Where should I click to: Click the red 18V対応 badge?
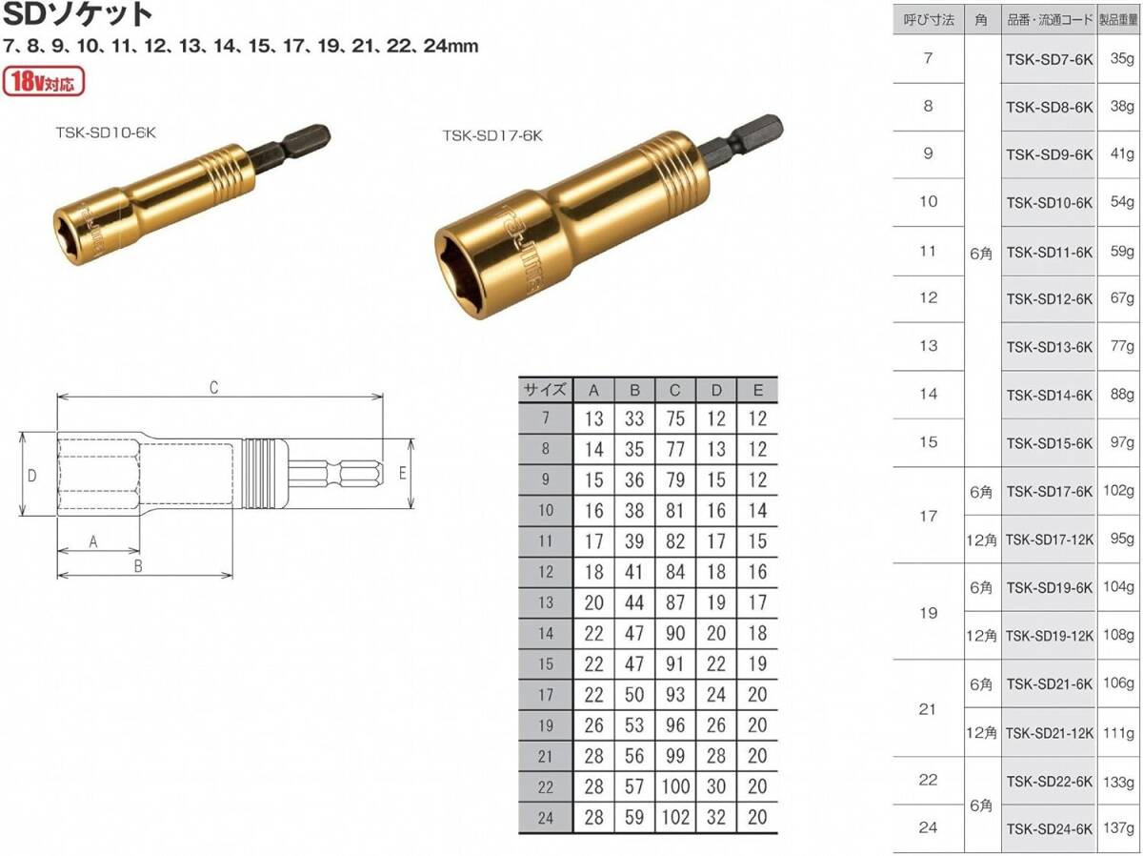click(x=44, y=81)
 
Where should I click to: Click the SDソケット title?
click(x=77, y=14)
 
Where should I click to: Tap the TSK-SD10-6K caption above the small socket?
click(x=106, y=132)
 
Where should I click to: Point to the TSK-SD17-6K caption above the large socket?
click(x=492, y=136)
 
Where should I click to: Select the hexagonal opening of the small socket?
click(x=75, y=236)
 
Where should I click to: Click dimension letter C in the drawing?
click(x=214, y=388)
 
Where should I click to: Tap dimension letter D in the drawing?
click(x=31, y=476)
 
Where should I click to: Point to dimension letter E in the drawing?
click(x=402, y=473)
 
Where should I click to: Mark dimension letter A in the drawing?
click(x=93, y=541)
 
